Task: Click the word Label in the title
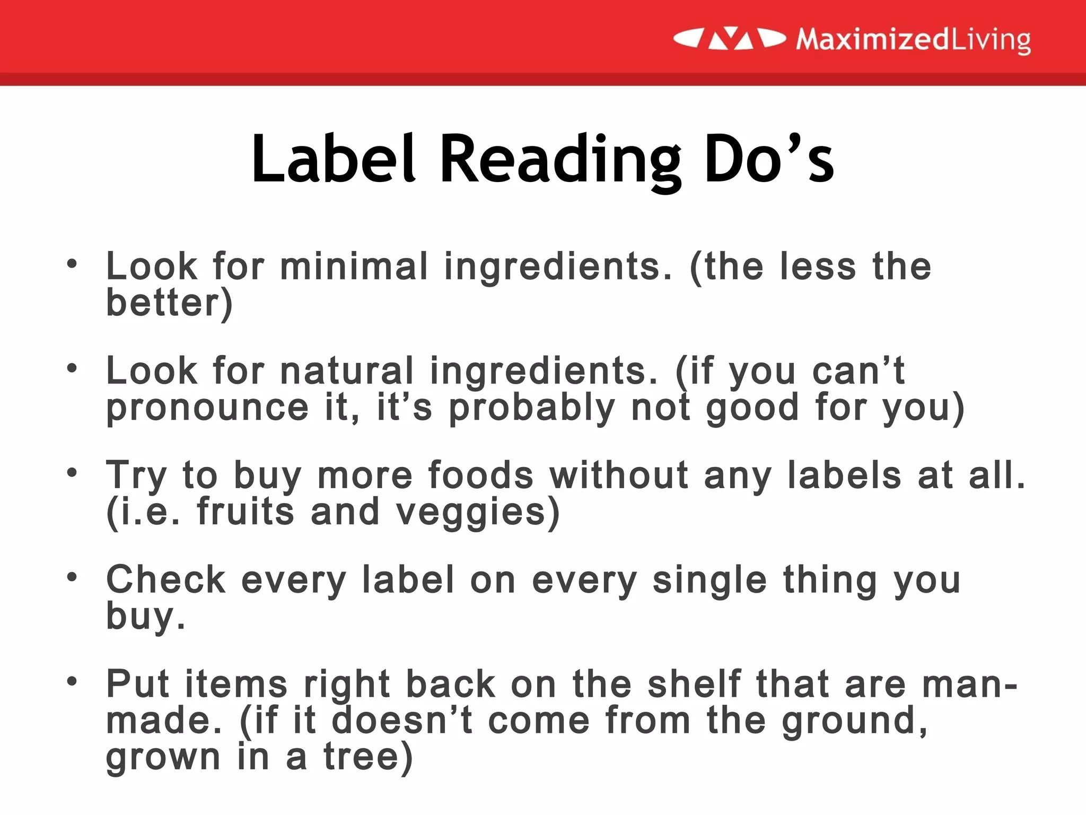pyautogui.click(x=332, y=159)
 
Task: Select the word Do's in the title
pyautogui.click(x=769, y=159)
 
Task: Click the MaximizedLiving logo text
pyautogui.click(x=913, y=40)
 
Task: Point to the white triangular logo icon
pyautogui.click(x=730, y=39)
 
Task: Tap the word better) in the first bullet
pyautogui.click(x=169, y=303)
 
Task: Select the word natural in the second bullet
pyautogui.click(x=346, y=370)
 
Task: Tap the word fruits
pyautogui.click(x=246, y=511)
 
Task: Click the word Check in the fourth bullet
pyautogui.click(x=166, y=579)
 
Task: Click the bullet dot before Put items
pyautogui.click(x=72, y=680)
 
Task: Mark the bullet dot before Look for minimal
pyautogui.click(x=72, y=263)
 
